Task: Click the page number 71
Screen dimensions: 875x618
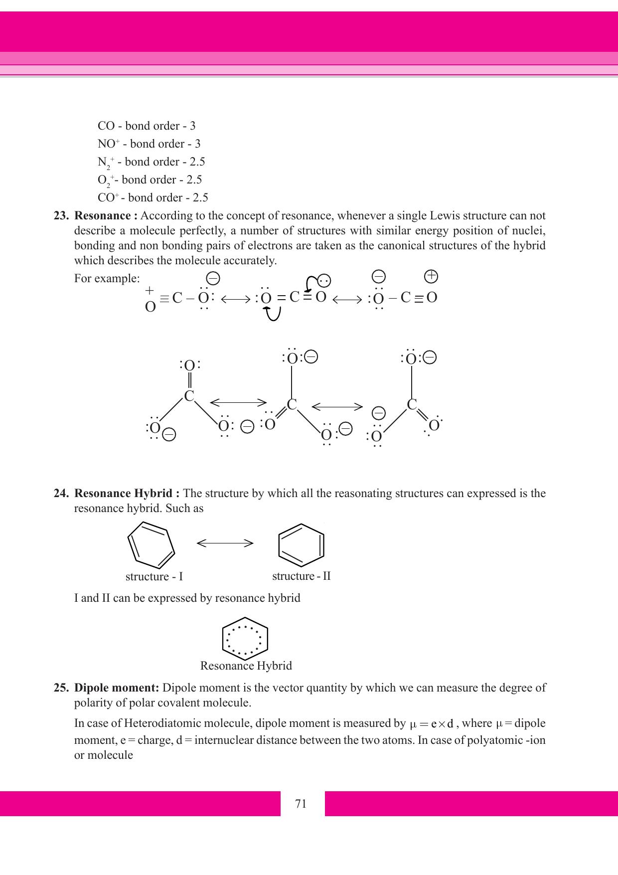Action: point(301,804)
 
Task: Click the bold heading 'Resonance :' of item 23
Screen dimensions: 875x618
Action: point(106,216)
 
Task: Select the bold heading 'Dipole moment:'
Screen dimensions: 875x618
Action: point(117,688)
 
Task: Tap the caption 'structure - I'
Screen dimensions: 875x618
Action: point(154,577)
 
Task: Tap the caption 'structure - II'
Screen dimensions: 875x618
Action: point(301,576)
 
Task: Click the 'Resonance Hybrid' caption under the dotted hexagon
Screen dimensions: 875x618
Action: point(246,666)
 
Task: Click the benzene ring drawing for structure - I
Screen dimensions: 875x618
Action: point(151,545)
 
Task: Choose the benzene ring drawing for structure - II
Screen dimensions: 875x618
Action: point(301,545)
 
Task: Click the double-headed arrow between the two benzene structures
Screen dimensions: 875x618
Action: point(225,543)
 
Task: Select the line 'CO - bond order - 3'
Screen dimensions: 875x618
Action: point(147,126)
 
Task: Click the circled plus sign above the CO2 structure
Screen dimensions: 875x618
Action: point(431,276)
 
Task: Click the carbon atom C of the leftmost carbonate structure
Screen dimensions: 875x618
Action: point(189,397)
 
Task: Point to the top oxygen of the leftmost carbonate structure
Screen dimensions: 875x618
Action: point(189,365)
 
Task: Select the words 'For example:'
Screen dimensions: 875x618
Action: point(107,278)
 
